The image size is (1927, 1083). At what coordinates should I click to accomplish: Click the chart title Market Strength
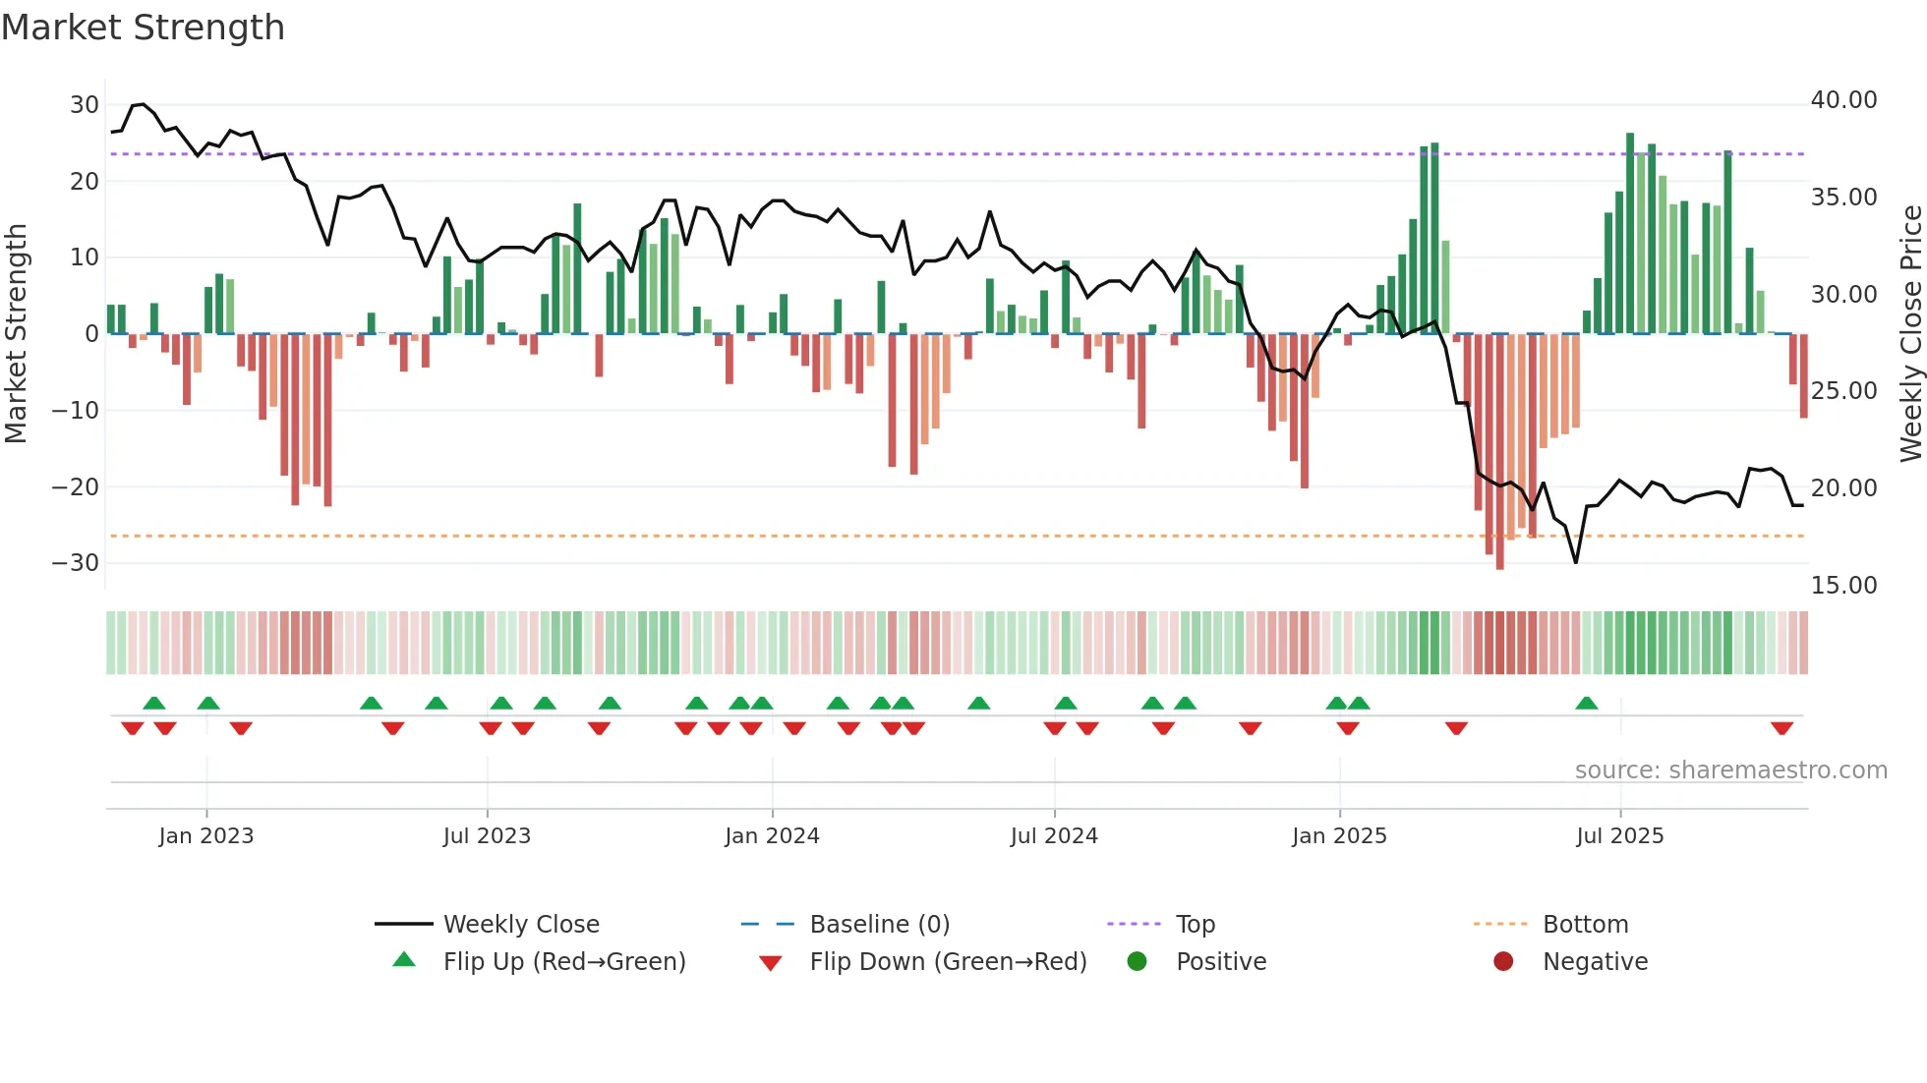click(143, 28)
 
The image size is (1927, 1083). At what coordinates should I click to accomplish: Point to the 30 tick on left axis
click(85, 105)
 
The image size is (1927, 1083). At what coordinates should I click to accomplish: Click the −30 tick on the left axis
click(77, 563)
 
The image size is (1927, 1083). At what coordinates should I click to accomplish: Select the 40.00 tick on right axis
click(1843, 100)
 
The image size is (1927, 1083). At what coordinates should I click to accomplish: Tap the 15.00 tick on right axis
click(1843, 586)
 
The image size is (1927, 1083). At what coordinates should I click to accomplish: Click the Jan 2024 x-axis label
click(772, 836)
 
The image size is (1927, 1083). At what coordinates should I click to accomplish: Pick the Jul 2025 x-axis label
click(1619, 836)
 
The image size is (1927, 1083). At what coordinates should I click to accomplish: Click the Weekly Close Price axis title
click(1910, 334)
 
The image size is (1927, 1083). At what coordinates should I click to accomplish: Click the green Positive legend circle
click(1138, 962)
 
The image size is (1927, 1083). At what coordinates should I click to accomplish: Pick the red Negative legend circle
click(1503, 962)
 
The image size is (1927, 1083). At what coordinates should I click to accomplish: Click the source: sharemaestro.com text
click(1730, 770)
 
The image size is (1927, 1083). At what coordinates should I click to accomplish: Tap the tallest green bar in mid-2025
click(1630, 233)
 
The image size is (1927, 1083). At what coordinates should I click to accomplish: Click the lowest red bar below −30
click(1499, 452)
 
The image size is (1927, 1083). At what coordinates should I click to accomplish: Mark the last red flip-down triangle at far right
click(1781, 728)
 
